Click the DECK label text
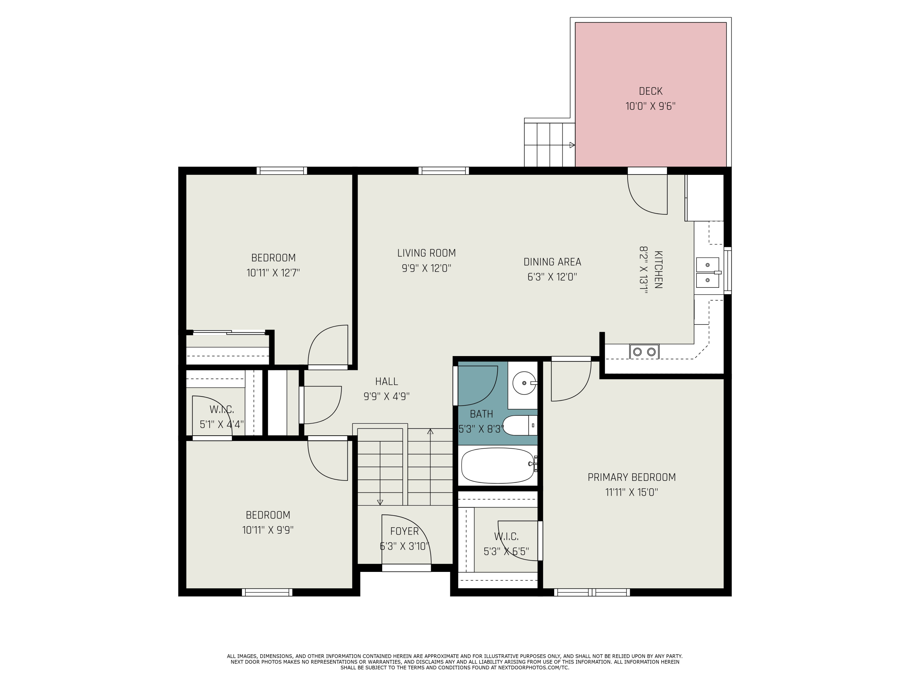pos(650,91)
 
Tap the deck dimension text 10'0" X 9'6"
pos(650,106)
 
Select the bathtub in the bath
pos(498,466)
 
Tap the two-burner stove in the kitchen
pos(644,352)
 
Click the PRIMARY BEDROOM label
pos(632,477)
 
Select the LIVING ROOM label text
pos(426,253)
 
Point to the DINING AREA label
pos(552,262)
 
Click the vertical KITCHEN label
pos(658,269)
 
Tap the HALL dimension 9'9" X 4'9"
pos(386,396)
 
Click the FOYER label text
pos(404,531)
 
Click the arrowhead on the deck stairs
pos(572,145)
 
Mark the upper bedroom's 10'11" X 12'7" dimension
pos(273,273)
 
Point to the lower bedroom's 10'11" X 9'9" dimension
pos(268,530)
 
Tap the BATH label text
pos(481,414)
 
